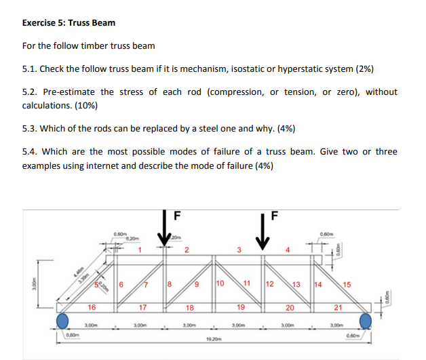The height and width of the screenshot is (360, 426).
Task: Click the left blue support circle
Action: [63, 320]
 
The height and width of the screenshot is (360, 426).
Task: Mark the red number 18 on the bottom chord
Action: [191, 308]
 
